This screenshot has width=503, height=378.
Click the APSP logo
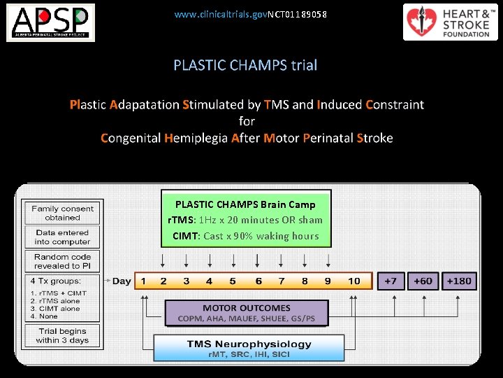(x=51, y=22)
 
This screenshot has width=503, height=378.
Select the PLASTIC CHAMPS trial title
(x=245, y=65)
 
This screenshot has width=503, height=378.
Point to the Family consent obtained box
(x=62, y=213)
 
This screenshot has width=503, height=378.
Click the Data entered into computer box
(x=62, y=237)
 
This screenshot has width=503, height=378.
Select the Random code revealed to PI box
(x=62, y=261)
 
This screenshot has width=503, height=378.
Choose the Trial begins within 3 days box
(x=62, y=335)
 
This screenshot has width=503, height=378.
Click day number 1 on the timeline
(x=143, y=281)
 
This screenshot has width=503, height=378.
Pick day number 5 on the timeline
(x=233, y=281)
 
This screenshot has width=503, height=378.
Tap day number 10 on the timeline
(x=354, y=281)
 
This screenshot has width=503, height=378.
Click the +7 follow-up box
(x=390, y=281)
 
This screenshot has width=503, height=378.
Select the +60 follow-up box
(x=423, y=281)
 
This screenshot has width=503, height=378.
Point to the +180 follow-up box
(x=458, y=281)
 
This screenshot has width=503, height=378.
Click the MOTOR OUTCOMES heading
(x=246, y=308)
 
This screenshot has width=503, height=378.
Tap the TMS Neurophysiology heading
(x=249, y=344)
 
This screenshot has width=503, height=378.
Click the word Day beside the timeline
(x=122, y=281)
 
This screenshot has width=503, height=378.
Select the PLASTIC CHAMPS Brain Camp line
(x=245, y=204)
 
